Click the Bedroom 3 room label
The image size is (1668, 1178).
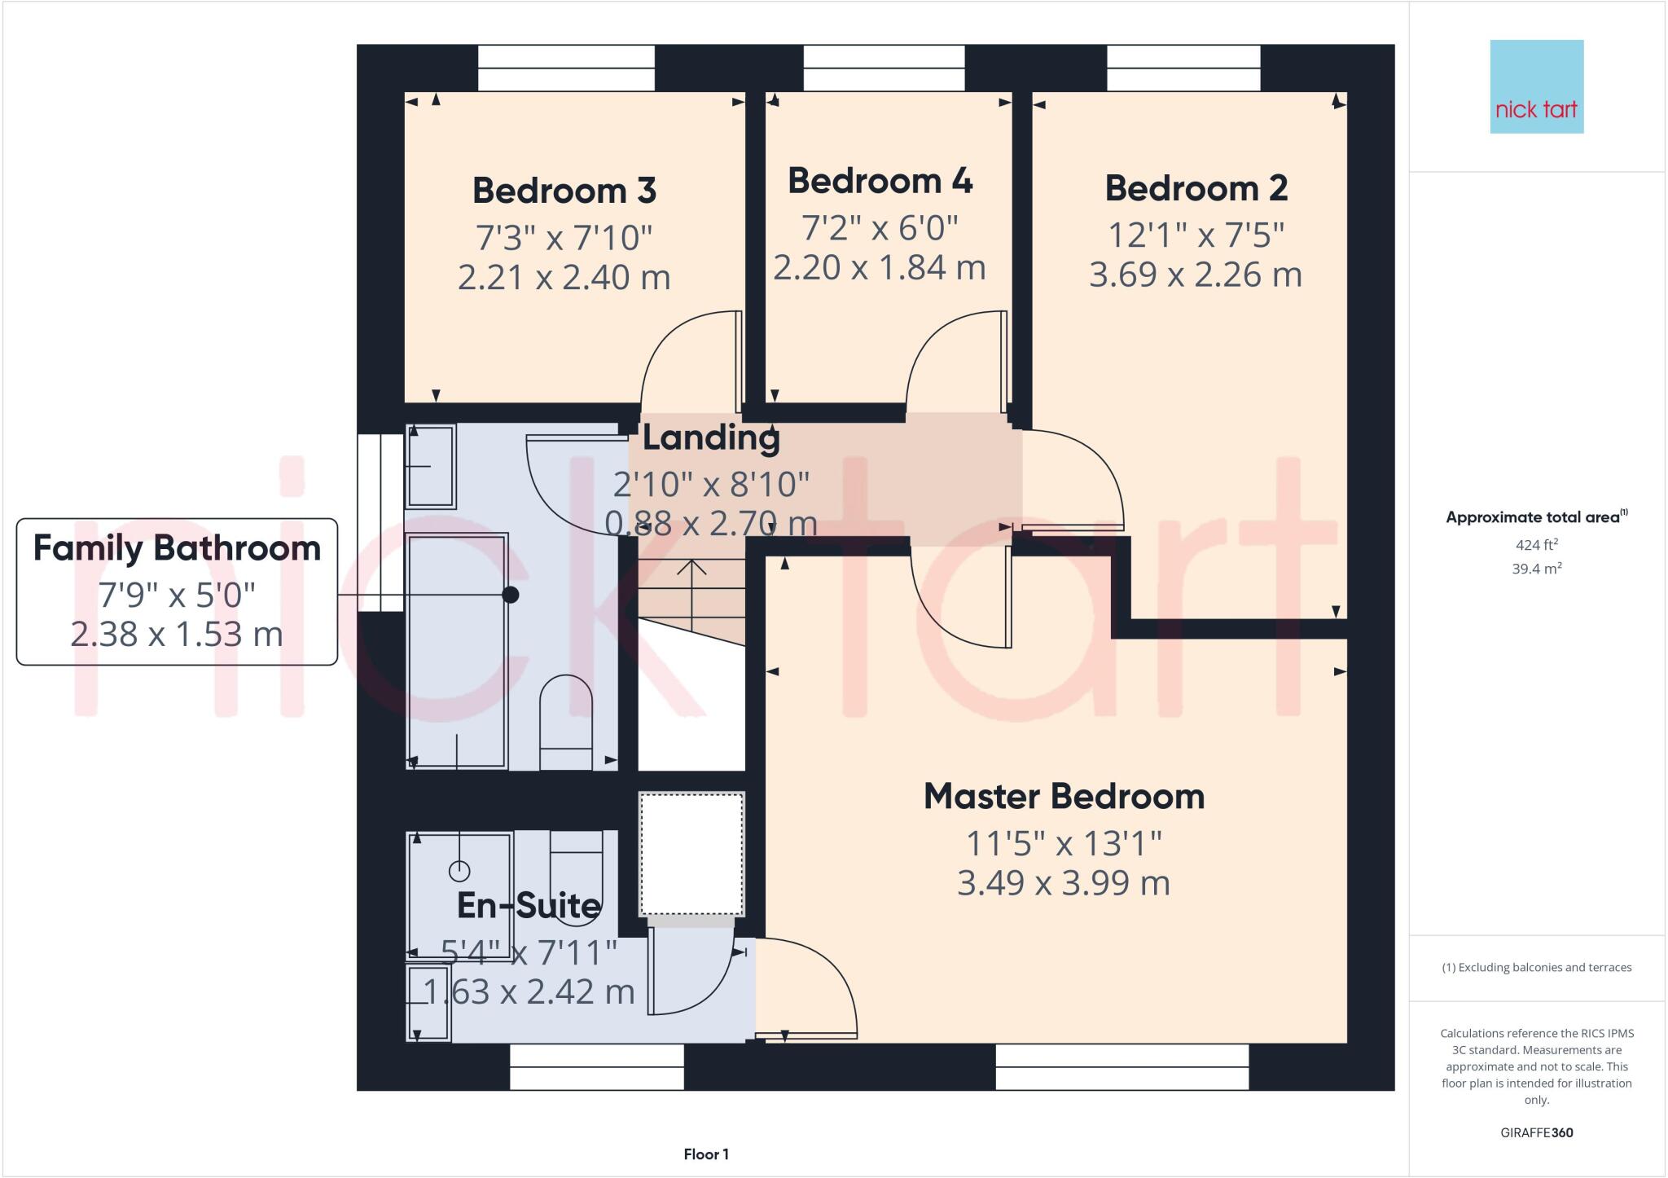pos(564,191)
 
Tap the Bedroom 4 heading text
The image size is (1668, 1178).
pos(880,181)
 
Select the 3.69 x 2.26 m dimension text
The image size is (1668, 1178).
pos(1195,275)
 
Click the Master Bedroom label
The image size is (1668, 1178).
pos(1064,797)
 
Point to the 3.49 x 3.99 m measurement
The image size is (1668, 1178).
pos(1064,883)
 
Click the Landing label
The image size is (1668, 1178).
pos(711,437)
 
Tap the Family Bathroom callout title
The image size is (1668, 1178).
pos(177,548)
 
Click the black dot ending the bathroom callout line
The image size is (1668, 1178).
pos(511,595)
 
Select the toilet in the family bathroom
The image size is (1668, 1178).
pos(566,721)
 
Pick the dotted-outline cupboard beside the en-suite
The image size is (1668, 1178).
pos(691,854)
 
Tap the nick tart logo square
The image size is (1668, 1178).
pos(1536,86)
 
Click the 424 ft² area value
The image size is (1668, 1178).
pos(1536,545)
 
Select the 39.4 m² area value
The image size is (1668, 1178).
pos(1536,569)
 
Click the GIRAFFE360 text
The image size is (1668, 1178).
pos(1536,1132)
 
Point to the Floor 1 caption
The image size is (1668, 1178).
pos(706,1154)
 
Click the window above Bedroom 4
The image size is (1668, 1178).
pos(884,68)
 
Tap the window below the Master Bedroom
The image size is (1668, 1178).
pos(1122,1067)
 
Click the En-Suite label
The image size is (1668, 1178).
pos(529,905)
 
